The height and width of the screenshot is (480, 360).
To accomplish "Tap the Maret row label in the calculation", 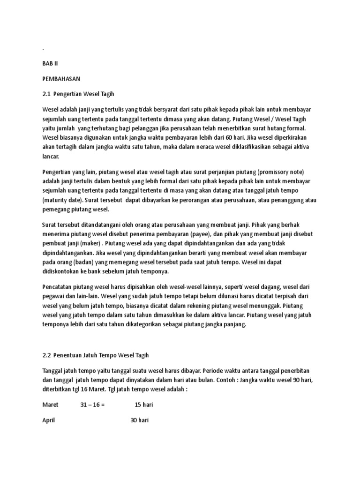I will tap(50, 405).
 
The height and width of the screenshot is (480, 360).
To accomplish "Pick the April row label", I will tap(49, 420).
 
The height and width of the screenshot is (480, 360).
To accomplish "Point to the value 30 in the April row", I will tap(134, 420).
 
